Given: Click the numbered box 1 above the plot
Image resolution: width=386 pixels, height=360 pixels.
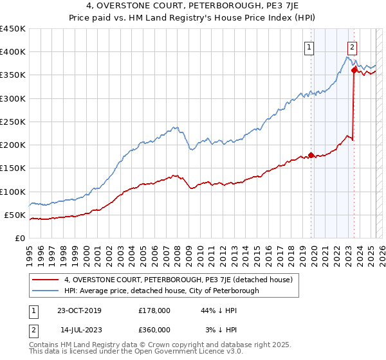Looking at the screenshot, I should click(x=309, y=46).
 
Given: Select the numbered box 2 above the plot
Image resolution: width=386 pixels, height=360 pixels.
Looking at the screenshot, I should click(x=353, y=46).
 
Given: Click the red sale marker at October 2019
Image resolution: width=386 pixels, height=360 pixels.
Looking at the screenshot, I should click(x=311, y=155).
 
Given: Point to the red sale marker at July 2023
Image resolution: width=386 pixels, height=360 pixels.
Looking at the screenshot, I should click(x=354, y=71).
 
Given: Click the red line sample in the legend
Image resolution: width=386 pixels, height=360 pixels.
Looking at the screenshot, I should click(x=45, y=280).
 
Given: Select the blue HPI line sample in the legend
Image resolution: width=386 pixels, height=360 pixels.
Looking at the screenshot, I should click(x=45, y=291).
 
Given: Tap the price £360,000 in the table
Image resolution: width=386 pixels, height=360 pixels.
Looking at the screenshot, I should click(x=154, y=330).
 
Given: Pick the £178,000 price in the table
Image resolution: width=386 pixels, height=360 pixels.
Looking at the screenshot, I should click(x=154, y=310).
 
